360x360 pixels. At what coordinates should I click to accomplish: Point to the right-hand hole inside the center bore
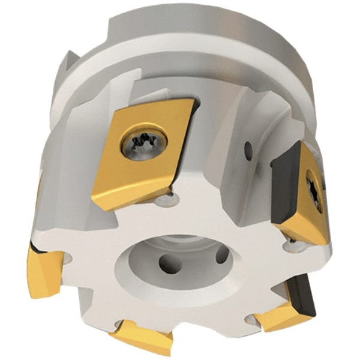[x=222, y=254]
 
